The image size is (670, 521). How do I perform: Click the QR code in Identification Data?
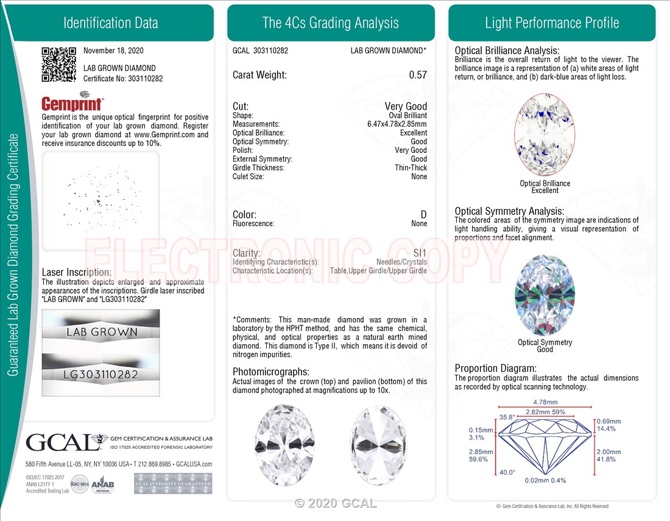[58, 64]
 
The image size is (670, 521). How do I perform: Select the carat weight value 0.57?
[418, 75]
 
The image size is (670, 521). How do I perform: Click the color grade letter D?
[423, 214]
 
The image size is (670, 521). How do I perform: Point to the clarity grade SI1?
[419, 253]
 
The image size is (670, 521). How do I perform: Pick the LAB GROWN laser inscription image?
[101, 332]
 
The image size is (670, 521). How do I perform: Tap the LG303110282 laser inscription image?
[101, 374]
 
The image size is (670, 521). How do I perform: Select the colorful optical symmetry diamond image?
[545, 296]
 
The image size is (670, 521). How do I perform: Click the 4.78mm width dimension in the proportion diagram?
[545, 402]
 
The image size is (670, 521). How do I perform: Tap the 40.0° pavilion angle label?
[507, 472]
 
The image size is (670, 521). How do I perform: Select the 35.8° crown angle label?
[507, 417]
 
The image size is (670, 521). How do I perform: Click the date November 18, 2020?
[113, 51]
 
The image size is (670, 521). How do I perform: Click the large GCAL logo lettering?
[58, 442]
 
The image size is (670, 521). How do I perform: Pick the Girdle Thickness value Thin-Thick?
[411, 168]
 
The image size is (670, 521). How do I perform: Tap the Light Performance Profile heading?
[552, 23]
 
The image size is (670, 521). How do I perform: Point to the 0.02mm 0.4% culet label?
[545, 480]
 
